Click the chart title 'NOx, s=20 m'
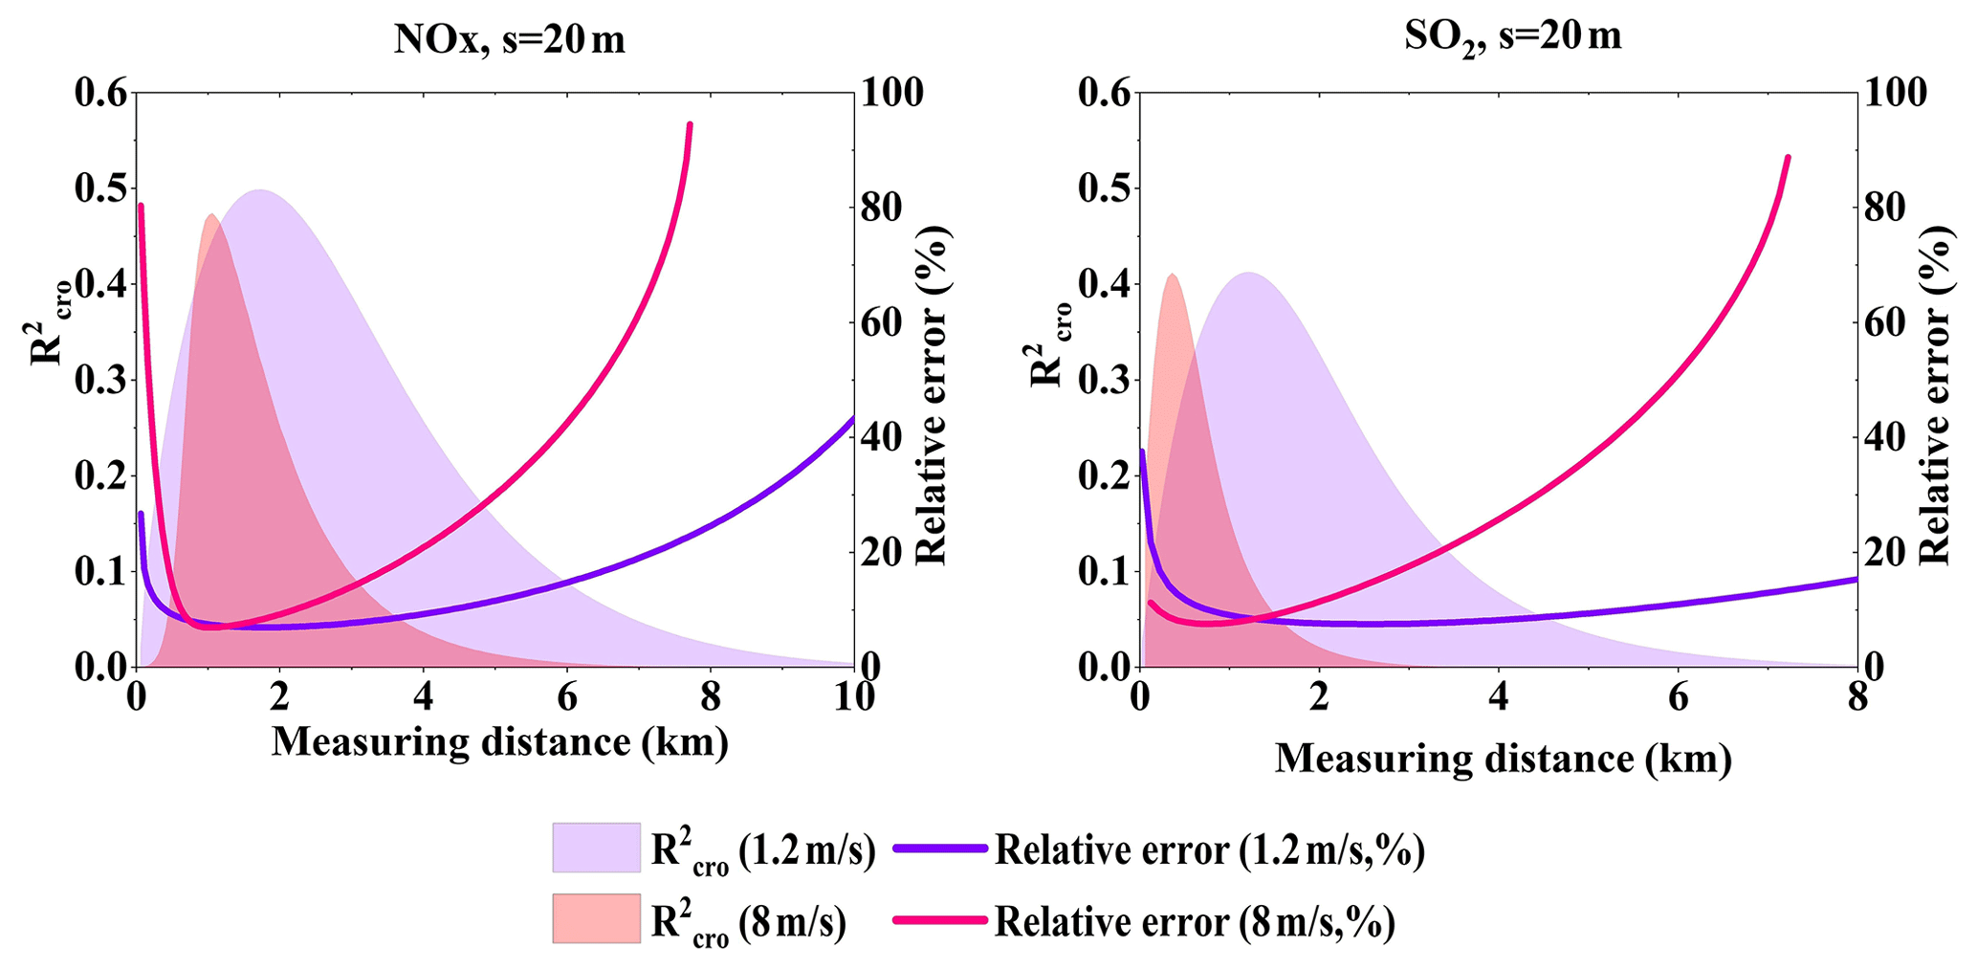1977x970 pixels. (509, 41)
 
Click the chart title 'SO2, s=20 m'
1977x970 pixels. (1512, 38)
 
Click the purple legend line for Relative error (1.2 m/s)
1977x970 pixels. (938, 849)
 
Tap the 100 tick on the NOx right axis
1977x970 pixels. (892, 93)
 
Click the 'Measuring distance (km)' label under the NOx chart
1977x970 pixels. (499, 742)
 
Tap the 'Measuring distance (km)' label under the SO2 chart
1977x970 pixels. (1503, 760)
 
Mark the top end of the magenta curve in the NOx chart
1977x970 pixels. (689, 124)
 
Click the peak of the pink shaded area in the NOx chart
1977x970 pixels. (210, 215)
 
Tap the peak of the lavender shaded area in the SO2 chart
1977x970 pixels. (1248, 274)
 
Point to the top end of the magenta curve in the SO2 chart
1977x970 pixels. (1787, 157)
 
